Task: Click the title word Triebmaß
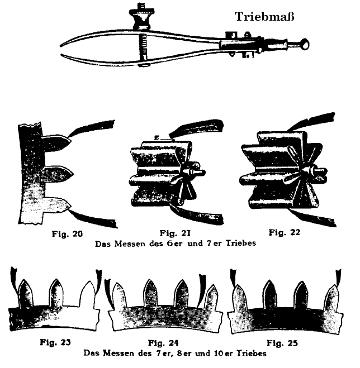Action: [x=264, y=17]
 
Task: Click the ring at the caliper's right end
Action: [x=305, y=44]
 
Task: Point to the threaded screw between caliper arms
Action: [x=143, y=47]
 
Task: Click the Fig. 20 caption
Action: [x=68, y=234]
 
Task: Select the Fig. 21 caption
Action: [x=175, y=233]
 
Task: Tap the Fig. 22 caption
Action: [x=285, y=232]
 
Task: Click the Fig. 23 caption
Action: [x=55, y=342]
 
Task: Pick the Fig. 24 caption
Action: [x=163, y=343]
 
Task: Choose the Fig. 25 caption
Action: [x=282, y=343]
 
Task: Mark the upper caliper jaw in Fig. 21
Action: [x=196, y=128]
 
